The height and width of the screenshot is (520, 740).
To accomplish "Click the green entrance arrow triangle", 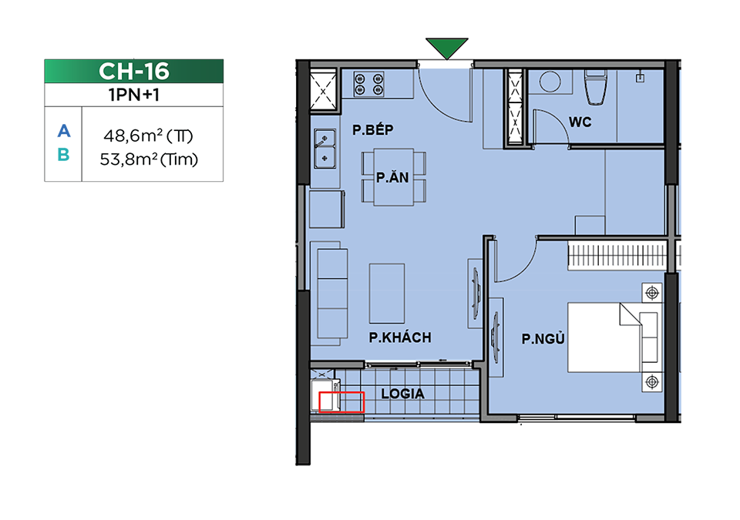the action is tap(446, 48).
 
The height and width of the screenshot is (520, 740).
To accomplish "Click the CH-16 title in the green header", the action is tap(134, 71).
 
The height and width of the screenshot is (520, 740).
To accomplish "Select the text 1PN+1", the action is tap(134, 95).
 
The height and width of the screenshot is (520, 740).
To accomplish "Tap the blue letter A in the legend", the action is tap(64, 131).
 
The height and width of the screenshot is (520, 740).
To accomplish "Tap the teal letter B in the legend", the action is tap(64, 154).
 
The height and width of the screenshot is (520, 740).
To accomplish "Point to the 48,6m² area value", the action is tap(129, 136).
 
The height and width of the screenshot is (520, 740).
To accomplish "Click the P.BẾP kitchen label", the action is tap(373, 129).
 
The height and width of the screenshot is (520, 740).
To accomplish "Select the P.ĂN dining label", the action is tap(392, 177).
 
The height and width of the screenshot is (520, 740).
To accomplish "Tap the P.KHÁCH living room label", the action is tap(400, 337).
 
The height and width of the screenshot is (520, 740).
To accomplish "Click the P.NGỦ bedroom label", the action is tap(543, 338).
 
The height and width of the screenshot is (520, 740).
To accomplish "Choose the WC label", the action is tap(580, 122).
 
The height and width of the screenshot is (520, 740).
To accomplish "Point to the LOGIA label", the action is tap(402, 394).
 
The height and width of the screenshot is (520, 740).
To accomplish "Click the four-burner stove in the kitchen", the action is tap(369, 84).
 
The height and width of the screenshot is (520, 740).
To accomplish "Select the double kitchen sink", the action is tap(325, 149).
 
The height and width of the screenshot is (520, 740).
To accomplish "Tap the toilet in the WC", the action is tap(596, 87).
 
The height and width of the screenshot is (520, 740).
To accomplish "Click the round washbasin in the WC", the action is tap(550, 81).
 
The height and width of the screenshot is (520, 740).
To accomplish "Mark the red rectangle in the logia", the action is tap(341, 402).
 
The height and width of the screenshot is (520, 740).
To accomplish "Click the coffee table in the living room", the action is tap(387, 294).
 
